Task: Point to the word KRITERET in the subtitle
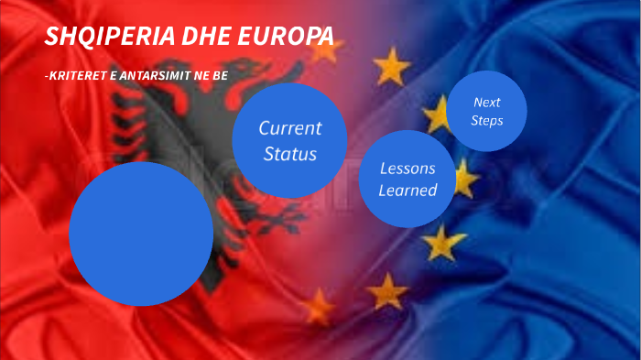coord(74,76)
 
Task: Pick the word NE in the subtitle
coord(201,76)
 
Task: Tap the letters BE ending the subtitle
coord(220,76)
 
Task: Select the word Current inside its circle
coord(289,128)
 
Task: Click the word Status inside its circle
coord(289,153)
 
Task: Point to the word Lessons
coord(407,169)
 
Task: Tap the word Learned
coord(407,191)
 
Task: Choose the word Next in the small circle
coord(486,102)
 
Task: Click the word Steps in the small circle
coord(486,120)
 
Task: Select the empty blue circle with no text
coord(141,234)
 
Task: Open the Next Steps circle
coord(486,111)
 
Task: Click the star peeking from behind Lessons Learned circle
coord(465,179)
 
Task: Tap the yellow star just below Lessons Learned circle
coord(443,244)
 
